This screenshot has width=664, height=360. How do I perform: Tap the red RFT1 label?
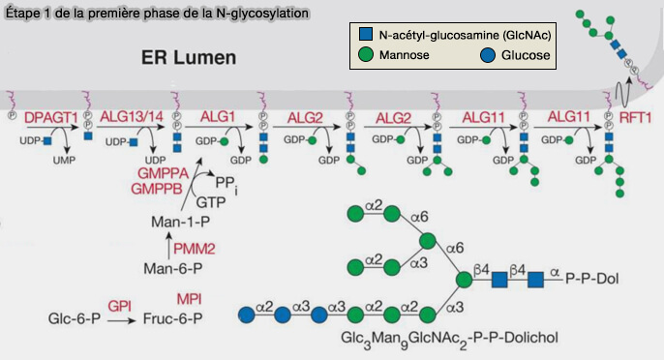[x=636, y=117]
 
